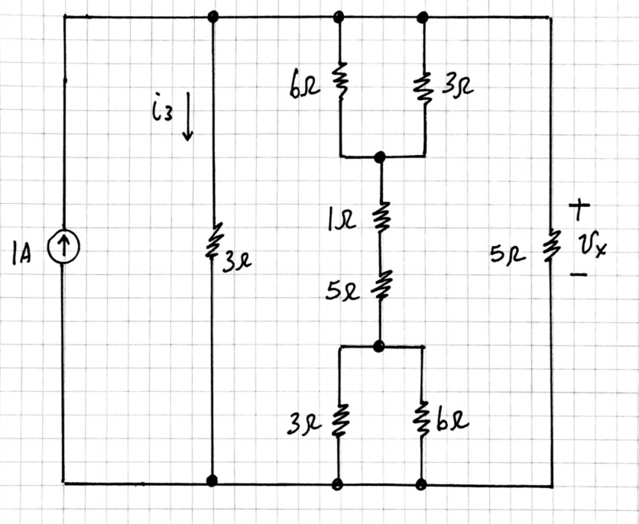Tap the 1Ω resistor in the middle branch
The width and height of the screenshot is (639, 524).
(x=380, y=218)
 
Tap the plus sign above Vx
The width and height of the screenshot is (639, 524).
(x=581, y=207)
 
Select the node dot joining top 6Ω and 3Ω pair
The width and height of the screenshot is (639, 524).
(x=380, y=157)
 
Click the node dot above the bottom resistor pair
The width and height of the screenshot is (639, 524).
(x=378, y=346)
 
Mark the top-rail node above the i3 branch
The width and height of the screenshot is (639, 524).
(x=213, y=16)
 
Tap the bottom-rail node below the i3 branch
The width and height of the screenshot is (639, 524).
(x=212, y=480)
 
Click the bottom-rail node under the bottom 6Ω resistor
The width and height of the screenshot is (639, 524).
(x=421, y=484)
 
